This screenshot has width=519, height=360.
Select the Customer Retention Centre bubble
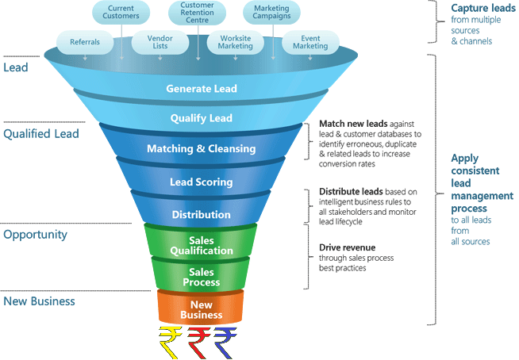(x=197, y=13)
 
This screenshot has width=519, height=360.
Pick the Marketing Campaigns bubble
(x=271, y=12)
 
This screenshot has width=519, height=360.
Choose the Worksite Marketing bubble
(x=236, y=41)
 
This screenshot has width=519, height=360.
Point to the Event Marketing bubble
(x=309, y=41)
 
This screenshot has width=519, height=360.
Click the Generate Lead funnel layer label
(x=202, y=89)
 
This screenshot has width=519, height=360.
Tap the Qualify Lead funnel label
(x=202, y=118)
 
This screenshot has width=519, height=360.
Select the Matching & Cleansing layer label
(x=202, y=148)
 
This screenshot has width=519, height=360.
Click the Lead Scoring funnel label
(x=202, y=182)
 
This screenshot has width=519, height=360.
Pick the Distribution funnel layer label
(x=202, y=214)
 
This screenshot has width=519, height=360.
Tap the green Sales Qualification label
(x=201, y=245)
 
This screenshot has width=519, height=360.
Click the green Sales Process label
(x=201, y=277)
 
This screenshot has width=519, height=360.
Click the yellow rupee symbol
(x=169, y=342)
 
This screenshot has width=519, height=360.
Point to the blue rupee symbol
(x=226, y=342)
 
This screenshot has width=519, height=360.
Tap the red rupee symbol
(x=198, y=342)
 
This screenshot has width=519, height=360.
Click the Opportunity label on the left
(x=36, y=235)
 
